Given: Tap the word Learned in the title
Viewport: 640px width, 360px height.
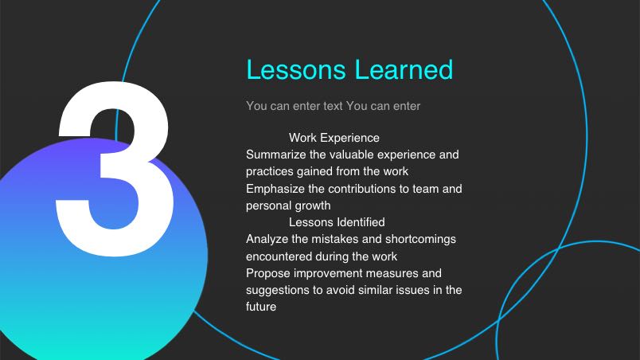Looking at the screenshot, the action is [404, 69].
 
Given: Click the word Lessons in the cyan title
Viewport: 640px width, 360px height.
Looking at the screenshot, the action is [296, 69].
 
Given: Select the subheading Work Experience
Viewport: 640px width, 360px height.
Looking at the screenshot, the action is [334, 138].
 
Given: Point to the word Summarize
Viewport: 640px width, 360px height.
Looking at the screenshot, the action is [275, 155].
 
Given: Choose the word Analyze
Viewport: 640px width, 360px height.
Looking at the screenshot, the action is [264, 239].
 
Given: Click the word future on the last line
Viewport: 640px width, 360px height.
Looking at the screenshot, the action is [261, 307].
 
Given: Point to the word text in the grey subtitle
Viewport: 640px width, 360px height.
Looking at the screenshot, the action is [333, 106].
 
